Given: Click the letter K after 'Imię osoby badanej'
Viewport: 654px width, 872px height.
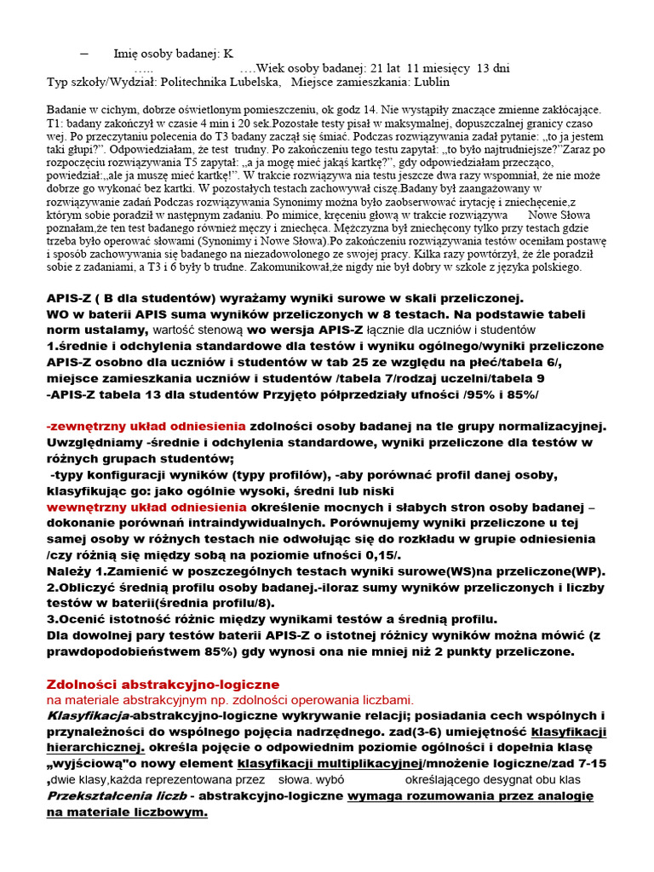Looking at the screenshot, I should (228, 53).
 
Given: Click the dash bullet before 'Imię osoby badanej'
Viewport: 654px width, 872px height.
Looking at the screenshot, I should (83, 53).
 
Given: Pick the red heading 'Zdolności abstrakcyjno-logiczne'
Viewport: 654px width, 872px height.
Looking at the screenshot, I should (162, 684).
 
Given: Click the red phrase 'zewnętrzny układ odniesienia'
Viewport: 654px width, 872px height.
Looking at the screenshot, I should (146, 426).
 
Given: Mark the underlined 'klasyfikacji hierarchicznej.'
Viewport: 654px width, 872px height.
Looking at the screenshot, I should (568, 731).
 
